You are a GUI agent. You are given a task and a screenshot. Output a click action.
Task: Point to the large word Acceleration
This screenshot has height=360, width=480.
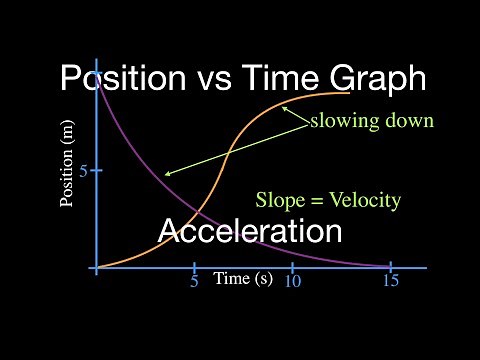251,232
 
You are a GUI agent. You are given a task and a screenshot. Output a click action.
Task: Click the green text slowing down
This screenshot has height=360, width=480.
371,122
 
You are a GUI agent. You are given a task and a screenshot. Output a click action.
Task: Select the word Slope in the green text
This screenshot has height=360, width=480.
281,200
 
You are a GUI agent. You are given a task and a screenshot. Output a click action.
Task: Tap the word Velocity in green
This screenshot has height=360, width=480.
364,200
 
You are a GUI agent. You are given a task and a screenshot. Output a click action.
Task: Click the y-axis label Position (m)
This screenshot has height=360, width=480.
68,164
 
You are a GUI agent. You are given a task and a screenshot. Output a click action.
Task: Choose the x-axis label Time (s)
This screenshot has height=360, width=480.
243,279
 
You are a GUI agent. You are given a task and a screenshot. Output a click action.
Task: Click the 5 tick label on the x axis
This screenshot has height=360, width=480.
194,282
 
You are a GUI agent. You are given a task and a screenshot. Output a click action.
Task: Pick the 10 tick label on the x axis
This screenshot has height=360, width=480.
292,282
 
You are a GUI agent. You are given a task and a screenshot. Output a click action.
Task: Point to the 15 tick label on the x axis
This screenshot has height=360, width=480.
390,282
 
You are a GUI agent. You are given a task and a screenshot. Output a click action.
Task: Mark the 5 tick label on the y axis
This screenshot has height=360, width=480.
84,171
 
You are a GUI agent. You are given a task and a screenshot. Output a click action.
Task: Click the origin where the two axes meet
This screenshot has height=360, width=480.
97,268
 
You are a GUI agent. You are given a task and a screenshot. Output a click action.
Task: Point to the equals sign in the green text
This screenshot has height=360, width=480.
316,201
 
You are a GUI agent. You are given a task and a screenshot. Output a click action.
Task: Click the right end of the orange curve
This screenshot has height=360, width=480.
349,93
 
